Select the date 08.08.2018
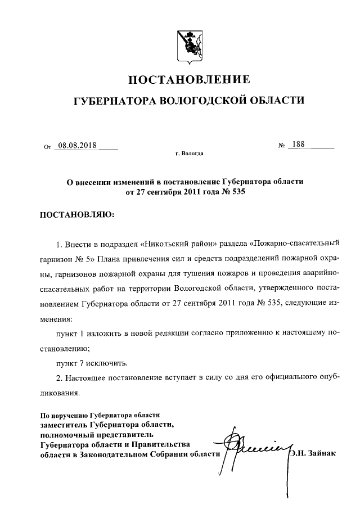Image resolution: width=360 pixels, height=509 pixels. [x=77, y=146]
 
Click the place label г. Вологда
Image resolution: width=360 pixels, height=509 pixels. [x=190, y=153]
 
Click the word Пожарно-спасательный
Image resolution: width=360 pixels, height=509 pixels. [x=296, y=245]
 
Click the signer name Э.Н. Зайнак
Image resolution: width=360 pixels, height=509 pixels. [x=312, y=454]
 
